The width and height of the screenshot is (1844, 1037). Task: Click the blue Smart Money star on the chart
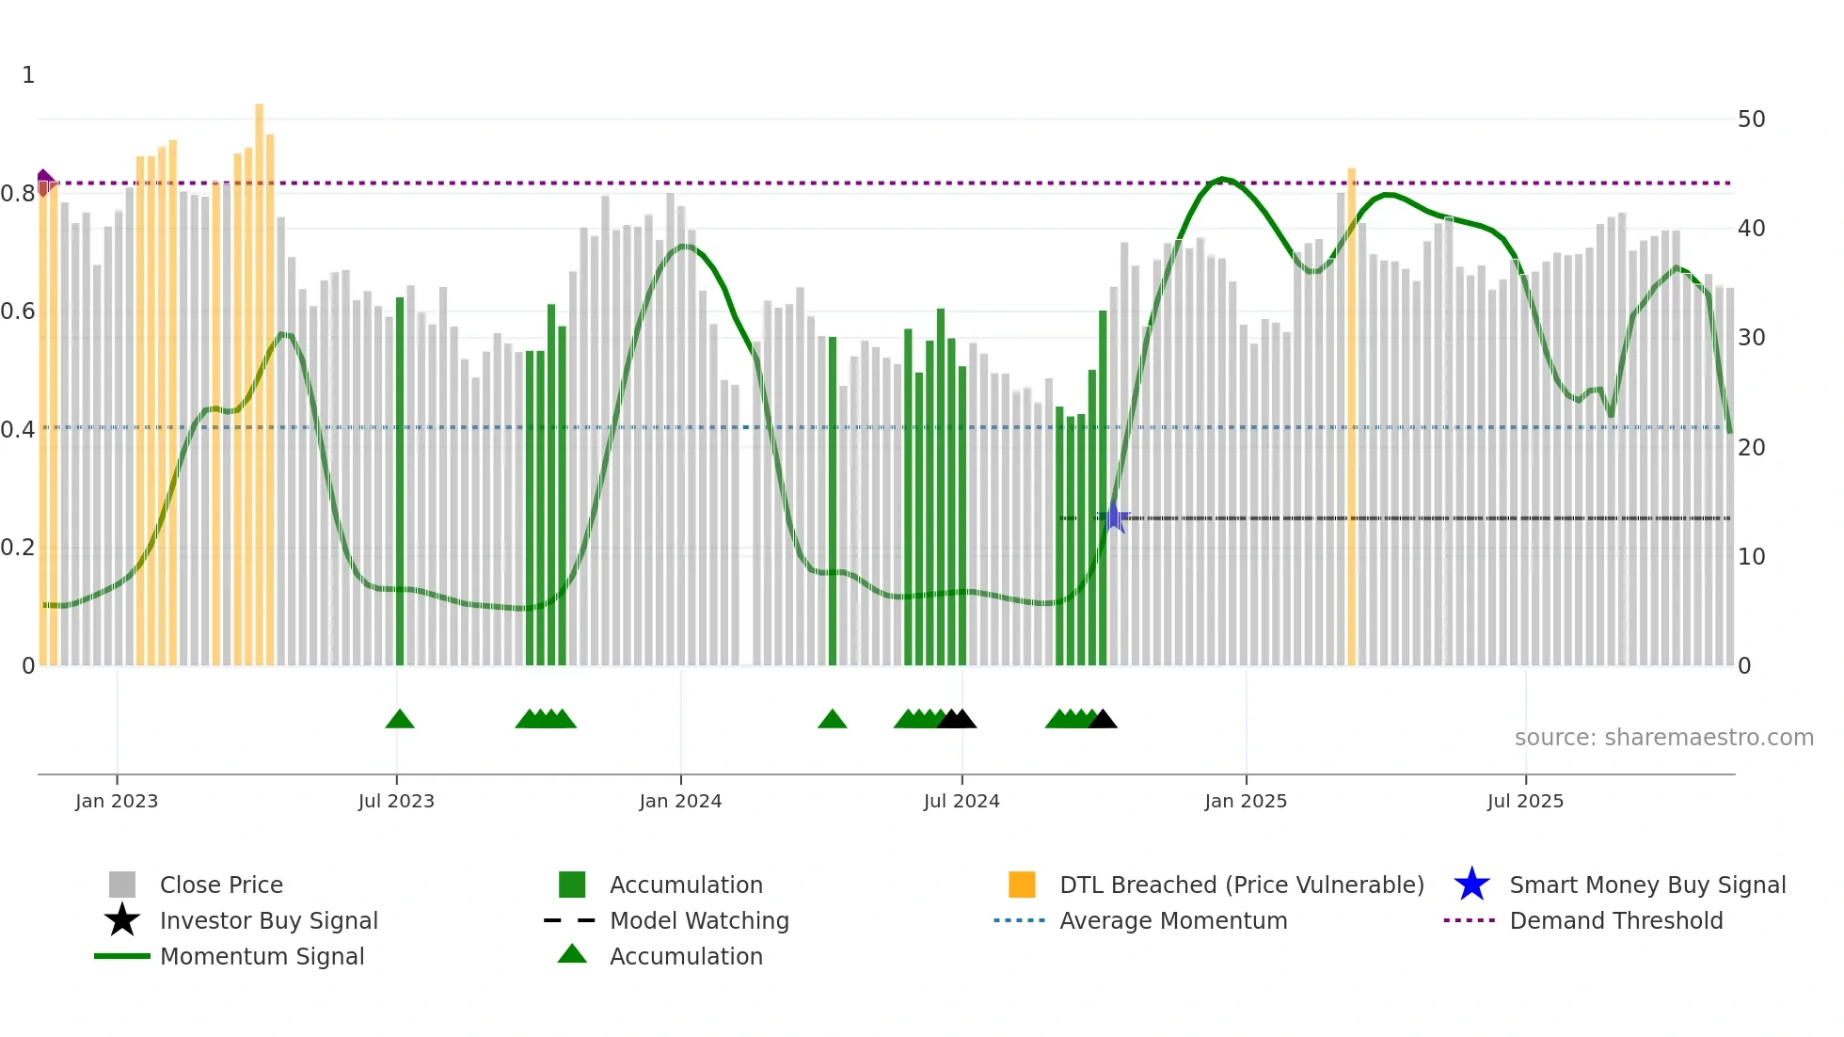click(x=1115, y=518)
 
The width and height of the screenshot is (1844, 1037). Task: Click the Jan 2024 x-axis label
click(x=680, y=801)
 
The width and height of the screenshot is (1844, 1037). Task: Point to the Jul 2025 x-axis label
click(x=1525, y=801)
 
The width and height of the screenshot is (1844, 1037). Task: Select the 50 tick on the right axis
click(x=1751, y=120)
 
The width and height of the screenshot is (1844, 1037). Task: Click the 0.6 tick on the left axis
click(x=19, y=311)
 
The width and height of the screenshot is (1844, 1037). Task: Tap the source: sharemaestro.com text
click(x=1663, y=738)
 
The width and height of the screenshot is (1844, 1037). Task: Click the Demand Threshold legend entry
click(x=1615, y=920)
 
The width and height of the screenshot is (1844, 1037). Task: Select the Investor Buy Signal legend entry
click(x=268, y=920)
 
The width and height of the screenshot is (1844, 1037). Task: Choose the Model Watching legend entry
click(x=698, y=920)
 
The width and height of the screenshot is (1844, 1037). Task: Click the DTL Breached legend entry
click(x=1241, y=885)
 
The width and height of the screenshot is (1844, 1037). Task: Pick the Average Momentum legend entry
click(x=1172, y=920)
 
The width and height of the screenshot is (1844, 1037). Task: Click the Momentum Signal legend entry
click(x=262, y=956)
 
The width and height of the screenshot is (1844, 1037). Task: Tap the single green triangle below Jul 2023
click(x=400, y=720)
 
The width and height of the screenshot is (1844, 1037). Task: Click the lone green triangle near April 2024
click(x=833, y=720)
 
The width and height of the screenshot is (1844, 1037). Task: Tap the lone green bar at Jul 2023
click(x=400, y=480)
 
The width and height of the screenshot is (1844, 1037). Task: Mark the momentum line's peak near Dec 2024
click(x=1221, y=179)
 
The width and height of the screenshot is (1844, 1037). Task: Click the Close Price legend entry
click(x=220, y=885)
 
